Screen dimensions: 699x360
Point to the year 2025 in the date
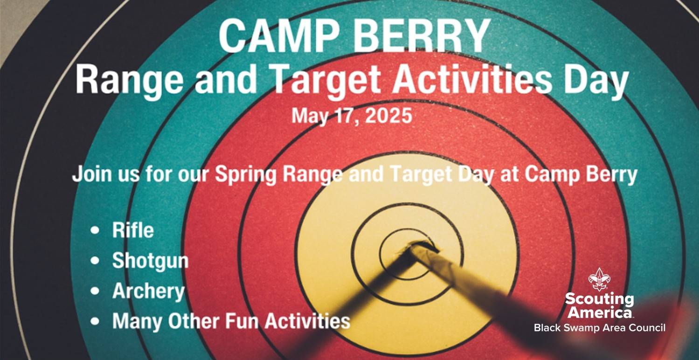(388, 116)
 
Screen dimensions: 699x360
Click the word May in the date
(310, 117)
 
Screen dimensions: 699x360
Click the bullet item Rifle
(133, 230)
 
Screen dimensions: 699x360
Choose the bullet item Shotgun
(151, 261)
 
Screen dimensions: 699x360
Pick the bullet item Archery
(149, 291)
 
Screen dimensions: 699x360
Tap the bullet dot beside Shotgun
(95, 261)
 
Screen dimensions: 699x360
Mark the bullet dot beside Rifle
(95, 230)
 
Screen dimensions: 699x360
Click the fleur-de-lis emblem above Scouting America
(600, 279)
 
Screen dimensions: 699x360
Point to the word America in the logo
(600, 312)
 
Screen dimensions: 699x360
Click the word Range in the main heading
(129, 81)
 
